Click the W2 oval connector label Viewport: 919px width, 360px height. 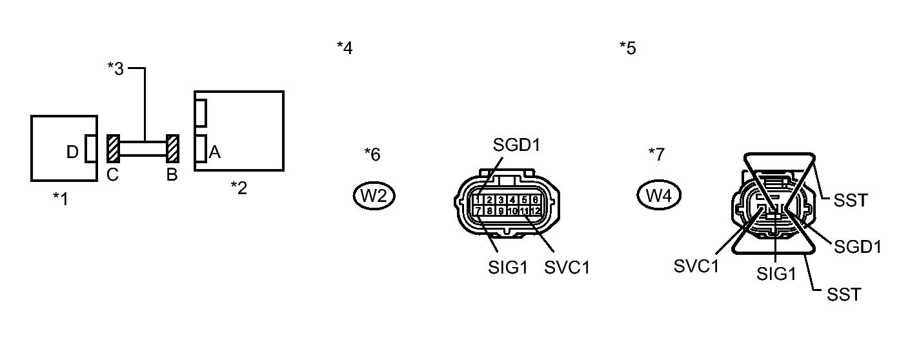pyautogui.click(x=374, y=196)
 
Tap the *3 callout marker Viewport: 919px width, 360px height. pyautogui.click(x=116, y=69)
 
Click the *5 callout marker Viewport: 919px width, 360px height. pyautogui.click(x=627, y=48)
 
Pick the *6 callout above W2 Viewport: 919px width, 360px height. pyautogui.click(x=372, y=154)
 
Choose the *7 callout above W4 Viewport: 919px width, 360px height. pyautogui.click(x=656, y=154)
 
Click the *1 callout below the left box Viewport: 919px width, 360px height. pyautogui.click(x=61, y=199)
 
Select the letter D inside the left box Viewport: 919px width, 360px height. pyautogui.click(x=72, y=152)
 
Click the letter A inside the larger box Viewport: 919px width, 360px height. pyautogui.click(x=215, y=152)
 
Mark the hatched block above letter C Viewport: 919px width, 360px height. pyautogui.click(x=113, y=149)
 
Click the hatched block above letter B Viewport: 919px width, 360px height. pyautogui.click(x=172, y=149)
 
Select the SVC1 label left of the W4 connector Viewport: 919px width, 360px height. pyautogui.click(x=696, y=266)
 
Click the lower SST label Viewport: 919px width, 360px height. pyautogui.click(x=843, y=295)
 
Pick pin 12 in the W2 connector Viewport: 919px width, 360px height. pyautogui.click(x=534, y=211)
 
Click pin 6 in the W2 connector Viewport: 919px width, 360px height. pyautogui.click(x=534, y=200)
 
